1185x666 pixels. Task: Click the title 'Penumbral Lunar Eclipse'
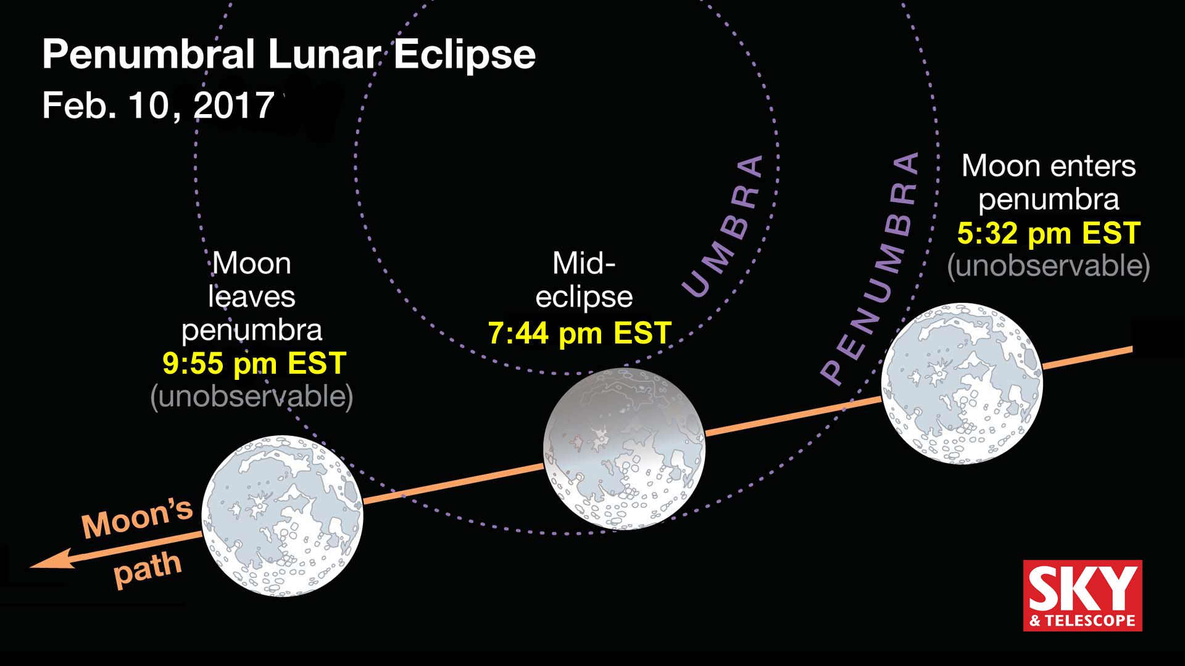[x=288, y=54]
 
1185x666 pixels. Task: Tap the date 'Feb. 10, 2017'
[x=158, y=105]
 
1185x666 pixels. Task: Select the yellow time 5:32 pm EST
[x=1049, y=234]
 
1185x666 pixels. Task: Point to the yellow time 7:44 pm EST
[x=580, y=334]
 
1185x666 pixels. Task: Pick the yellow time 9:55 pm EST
[x=254, y=364]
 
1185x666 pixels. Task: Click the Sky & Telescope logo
[x=1083, y=595]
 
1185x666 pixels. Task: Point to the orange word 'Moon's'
[x=137, y=518]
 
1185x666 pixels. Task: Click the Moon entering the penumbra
[x=962, y=383]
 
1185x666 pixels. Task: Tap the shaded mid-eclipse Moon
[x=624, y=448]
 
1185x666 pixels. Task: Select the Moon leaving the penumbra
[x=283, y=516]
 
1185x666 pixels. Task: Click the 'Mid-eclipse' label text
[x=584, y=280]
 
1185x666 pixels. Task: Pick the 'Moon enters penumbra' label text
[x=1049, y=183]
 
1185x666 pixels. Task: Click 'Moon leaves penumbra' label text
[x=252, y=297]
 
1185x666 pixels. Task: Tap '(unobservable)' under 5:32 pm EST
[x=1049, y=266]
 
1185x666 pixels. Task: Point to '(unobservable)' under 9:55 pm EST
[x=252, y=397]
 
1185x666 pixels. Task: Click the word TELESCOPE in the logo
[x=1090, y=620]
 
